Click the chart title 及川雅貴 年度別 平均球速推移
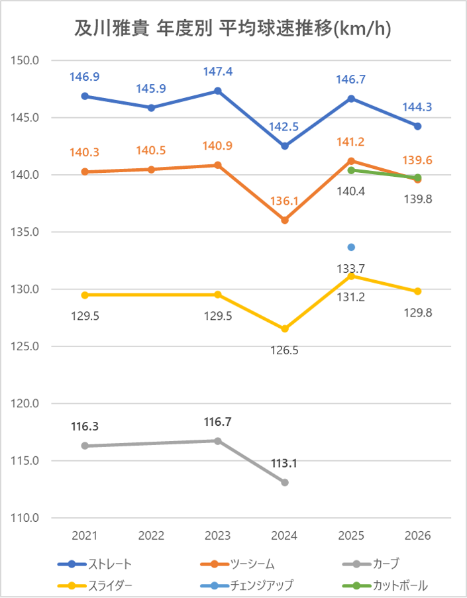[233, 30]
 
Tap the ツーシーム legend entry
[252, 564]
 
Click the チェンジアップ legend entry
[261, 585]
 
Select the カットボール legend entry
[400, 585]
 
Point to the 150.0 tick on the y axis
[26, 61]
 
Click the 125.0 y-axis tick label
[26, 346]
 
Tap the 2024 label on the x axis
[285, 536]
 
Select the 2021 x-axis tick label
[85, 536]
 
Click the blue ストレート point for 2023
[218, 91]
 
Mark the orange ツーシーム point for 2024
[285, 220]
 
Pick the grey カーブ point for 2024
[285, 482]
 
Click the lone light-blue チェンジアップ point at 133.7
[351, 247]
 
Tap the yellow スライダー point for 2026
[418, 291]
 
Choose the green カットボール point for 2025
[351, 170]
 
